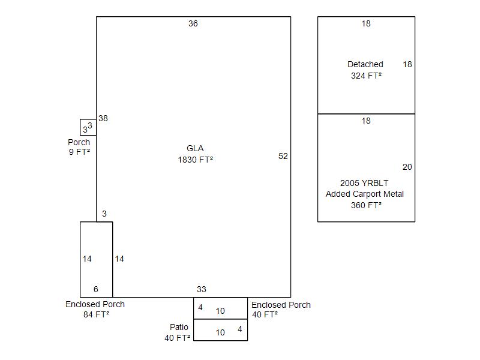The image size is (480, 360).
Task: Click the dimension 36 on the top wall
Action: (193, 23)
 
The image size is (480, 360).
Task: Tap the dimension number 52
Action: (283, 156)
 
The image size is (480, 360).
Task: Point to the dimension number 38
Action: (103, 118)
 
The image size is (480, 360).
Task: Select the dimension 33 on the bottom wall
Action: (202, 289)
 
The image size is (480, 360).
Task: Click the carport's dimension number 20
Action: (407, 167)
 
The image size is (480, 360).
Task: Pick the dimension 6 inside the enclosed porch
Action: (96, 289)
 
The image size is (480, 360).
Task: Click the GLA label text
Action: (195, 148)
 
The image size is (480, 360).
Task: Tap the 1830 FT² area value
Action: (196, 160)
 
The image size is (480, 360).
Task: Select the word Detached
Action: (365, 64)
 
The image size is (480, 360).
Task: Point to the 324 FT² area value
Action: (366, 76)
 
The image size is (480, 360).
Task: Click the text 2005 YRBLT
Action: (364, 183)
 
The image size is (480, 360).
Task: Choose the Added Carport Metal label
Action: (365, 194)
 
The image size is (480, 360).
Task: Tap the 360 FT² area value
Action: (366, 205)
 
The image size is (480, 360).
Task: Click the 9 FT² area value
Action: (79, 152)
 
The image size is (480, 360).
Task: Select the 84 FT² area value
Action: (97, 314)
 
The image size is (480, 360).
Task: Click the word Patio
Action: (179, 327)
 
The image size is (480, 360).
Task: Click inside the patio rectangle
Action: (220, 330)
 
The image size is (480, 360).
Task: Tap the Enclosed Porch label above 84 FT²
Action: (95, 304)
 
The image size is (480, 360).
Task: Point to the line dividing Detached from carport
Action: (367, 114)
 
